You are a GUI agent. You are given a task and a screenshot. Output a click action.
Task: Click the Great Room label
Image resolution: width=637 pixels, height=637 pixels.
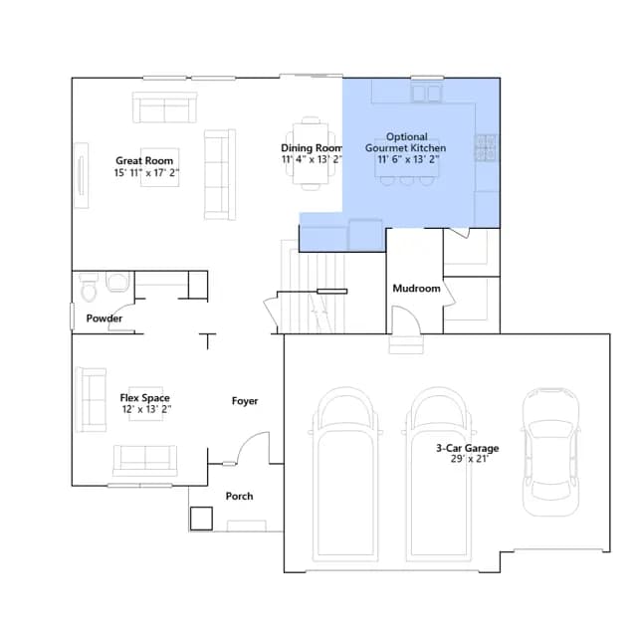144,161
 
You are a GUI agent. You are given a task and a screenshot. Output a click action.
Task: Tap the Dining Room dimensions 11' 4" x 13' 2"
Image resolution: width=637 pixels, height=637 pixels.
312,159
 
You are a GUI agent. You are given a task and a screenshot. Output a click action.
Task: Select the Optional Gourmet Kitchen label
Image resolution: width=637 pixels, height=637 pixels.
406,142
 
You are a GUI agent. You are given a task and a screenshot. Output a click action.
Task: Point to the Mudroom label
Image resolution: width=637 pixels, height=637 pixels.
416,289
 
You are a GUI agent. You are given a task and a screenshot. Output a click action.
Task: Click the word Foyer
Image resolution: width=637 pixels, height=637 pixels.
245,401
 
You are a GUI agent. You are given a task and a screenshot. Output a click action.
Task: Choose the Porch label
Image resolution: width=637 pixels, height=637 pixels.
239,496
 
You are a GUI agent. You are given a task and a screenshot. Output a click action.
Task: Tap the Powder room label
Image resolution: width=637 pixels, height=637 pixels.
104,318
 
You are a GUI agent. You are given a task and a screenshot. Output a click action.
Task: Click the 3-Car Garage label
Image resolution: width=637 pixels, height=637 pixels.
468,448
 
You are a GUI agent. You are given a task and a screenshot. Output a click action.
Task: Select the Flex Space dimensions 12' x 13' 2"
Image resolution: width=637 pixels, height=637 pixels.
146,409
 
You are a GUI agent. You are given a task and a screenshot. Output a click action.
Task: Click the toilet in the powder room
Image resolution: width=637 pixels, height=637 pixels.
89,288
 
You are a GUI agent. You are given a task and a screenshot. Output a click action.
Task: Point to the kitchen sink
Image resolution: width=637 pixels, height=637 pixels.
427,94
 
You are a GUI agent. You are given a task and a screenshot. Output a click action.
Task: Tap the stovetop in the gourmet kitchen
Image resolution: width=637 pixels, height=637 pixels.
487,147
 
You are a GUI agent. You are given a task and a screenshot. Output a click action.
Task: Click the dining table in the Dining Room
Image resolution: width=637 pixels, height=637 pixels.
311,153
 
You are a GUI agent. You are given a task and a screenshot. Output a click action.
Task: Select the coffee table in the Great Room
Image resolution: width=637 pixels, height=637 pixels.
160,167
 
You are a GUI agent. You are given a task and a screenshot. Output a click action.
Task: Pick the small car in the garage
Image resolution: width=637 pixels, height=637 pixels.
550,452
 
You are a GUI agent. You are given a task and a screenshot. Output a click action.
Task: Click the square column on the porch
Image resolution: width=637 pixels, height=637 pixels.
201,518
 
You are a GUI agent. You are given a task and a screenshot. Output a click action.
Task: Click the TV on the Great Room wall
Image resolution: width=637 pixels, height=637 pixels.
82,175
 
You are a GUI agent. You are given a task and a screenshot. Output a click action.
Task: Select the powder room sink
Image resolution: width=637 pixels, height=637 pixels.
117,282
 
